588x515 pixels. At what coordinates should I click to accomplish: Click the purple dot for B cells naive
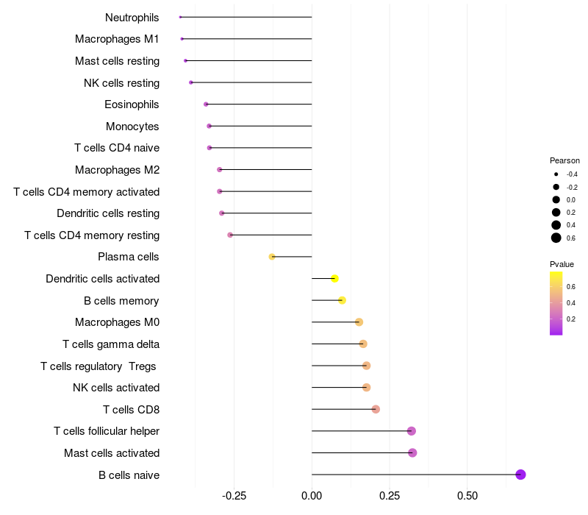(520, 475)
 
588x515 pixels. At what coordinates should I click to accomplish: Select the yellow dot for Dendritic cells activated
(335, 279)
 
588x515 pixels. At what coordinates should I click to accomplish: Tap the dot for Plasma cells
(272, 257)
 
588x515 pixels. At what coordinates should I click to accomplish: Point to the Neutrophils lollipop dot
(180, 17)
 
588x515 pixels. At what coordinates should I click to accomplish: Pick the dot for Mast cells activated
(412, 452)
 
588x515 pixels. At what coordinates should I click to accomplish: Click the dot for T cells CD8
(376, 409)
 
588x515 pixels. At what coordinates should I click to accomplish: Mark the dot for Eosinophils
(206, 104)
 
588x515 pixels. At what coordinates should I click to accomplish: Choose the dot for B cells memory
(342, 300)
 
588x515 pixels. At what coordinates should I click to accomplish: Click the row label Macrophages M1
(117, 39)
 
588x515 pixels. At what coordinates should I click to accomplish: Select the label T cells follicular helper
(107, 431)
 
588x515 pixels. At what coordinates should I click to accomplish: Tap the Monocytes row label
(132, 127)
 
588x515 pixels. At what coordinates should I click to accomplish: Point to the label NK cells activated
(116, 388)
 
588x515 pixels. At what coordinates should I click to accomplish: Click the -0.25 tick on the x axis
(234, 496)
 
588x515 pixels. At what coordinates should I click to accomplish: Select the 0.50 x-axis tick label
(467, 496)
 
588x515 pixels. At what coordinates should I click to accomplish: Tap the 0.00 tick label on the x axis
(312, 496)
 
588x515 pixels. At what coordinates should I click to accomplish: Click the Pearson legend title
(564, 160)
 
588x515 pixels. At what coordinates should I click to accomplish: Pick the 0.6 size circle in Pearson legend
(556, 238)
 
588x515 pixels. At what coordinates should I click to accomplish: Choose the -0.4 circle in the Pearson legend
(556, 174)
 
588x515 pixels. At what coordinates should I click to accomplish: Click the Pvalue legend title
(562, 264)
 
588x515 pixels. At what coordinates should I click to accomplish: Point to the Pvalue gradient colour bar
(556, 303)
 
